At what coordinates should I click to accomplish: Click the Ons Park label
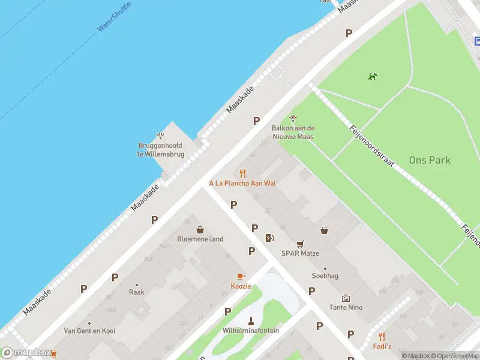point(430,160)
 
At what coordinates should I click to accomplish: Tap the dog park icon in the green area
point(373,76)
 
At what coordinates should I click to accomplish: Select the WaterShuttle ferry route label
point(114,20)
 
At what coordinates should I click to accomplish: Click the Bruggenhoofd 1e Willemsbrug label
point(160,149)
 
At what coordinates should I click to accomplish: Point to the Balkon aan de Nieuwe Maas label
point(293,132)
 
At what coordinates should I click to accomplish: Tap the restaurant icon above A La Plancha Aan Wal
point(242,173)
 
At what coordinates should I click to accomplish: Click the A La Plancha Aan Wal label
point(242,183)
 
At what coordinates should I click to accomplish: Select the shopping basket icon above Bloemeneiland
point(200,229)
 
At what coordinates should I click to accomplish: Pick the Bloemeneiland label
point(200,239)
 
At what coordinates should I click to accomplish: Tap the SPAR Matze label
point(300,253)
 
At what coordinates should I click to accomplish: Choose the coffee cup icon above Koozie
point(241,276)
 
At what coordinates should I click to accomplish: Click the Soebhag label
point(325,276)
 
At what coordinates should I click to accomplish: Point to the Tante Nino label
point(346,307)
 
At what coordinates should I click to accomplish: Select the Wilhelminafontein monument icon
point(251,320)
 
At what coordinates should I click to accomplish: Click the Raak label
point(136,292)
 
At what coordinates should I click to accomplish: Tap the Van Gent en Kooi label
point(89,331)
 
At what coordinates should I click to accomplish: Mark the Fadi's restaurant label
point(382,346)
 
